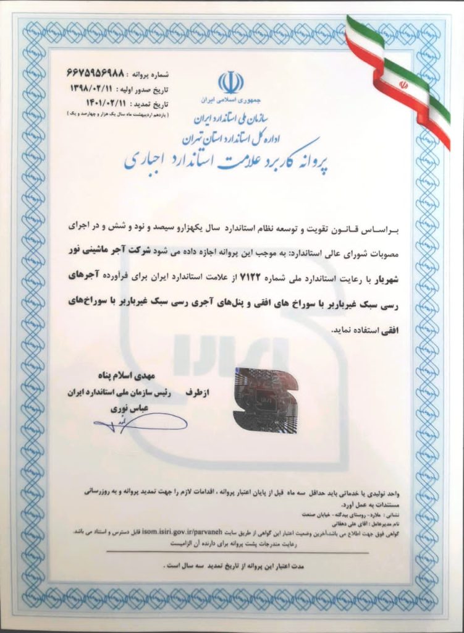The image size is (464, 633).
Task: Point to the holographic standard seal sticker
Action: (265, 399)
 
